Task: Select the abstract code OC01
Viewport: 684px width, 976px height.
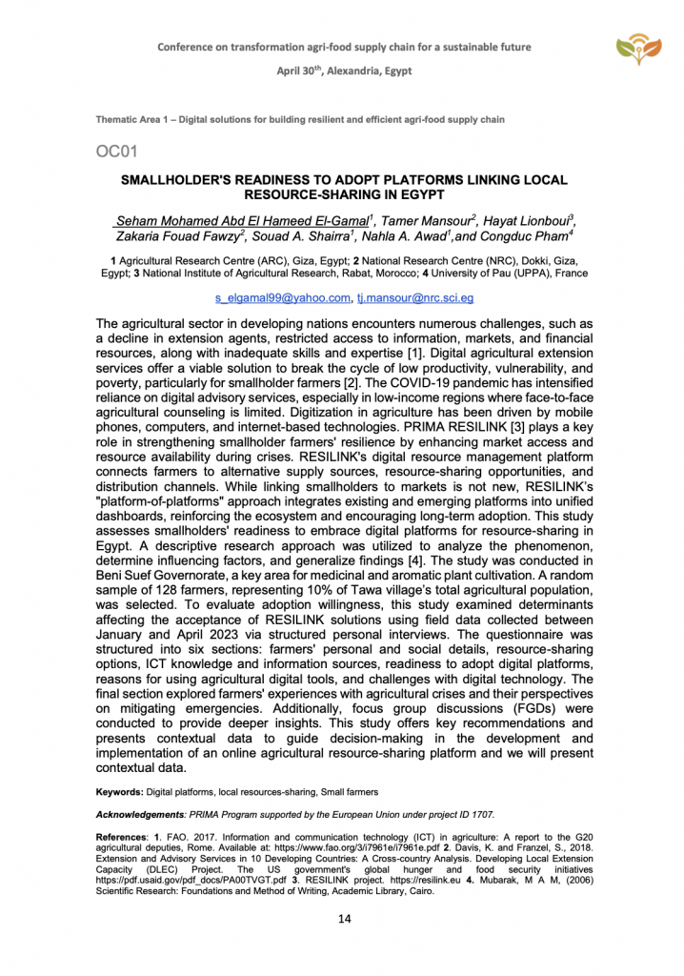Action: coord(118,152)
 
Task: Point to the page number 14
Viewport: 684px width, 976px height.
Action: coord(342,920)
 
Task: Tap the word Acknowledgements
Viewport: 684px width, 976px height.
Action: coord(139,816)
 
